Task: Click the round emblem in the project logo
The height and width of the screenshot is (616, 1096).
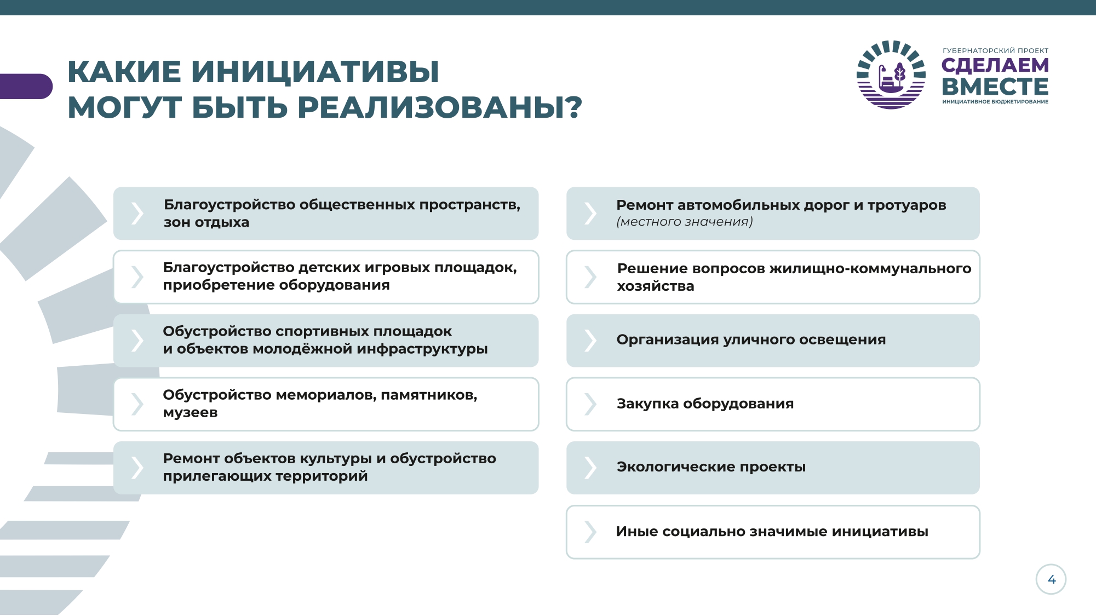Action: [891, 74]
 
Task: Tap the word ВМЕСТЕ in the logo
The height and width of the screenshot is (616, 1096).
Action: [995, 87]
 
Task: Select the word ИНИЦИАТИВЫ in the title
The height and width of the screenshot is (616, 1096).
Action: [315, 72]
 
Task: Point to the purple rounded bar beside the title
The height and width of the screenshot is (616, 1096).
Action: [26, 87]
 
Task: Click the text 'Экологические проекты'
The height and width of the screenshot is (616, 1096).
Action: [711, 467]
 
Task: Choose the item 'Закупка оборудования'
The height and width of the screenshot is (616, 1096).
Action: [705, 404]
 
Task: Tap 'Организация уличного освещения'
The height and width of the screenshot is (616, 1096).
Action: [751, 340]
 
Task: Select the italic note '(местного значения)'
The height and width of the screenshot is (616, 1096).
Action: [685, 222]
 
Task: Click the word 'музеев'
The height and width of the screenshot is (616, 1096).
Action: [190, 413]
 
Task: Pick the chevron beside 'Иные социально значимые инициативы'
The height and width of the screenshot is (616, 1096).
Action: [590, 531]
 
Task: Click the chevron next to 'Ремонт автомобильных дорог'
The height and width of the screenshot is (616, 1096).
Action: [590, 213]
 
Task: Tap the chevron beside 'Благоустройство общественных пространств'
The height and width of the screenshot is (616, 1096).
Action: [137, 213]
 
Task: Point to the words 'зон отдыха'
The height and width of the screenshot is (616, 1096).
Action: [206, 222]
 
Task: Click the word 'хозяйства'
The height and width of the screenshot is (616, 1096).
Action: [656, 286]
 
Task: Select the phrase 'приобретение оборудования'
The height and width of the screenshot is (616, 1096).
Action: [277, 285]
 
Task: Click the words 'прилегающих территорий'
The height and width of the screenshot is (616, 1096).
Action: [265, 476]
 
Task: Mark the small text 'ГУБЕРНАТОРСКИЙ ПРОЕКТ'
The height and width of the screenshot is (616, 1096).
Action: [995, 51]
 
